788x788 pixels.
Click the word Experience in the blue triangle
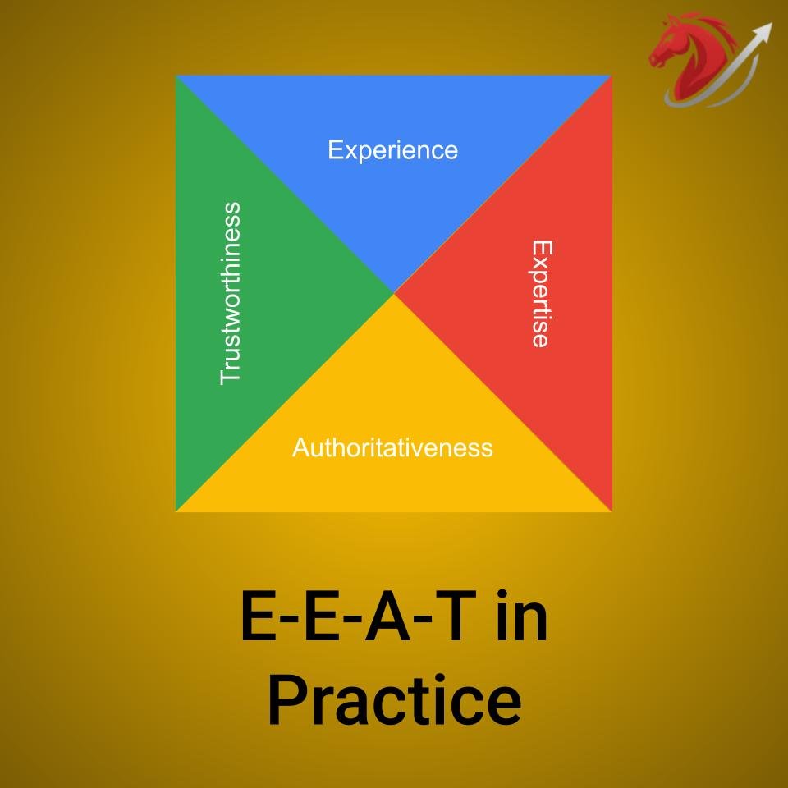coord(392,151)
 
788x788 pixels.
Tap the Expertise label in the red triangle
coord(539,293)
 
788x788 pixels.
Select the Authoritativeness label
coord(392,448)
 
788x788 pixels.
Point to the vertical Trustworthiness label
coord(231,293)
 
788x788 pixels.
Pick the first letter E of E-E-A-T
coord(258,621)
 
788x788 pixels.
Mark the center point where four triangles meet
coord(394,293)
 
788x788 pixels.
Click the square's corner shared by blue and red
coord(611,76)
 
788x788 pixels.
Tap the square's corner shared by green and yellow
coord(177,510)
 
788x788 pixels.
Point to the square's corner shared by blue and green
coord(177,76)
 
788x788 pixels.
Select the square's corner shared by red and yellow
coord(611,510)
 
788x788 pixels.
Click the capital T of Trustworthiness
coord(231,373)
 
